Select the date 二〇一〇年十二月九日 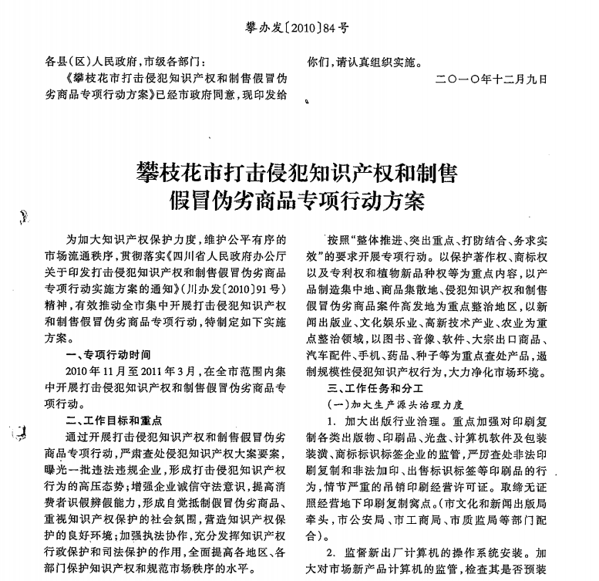[491, 79]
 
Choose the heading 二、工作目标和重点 [114, 421]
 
